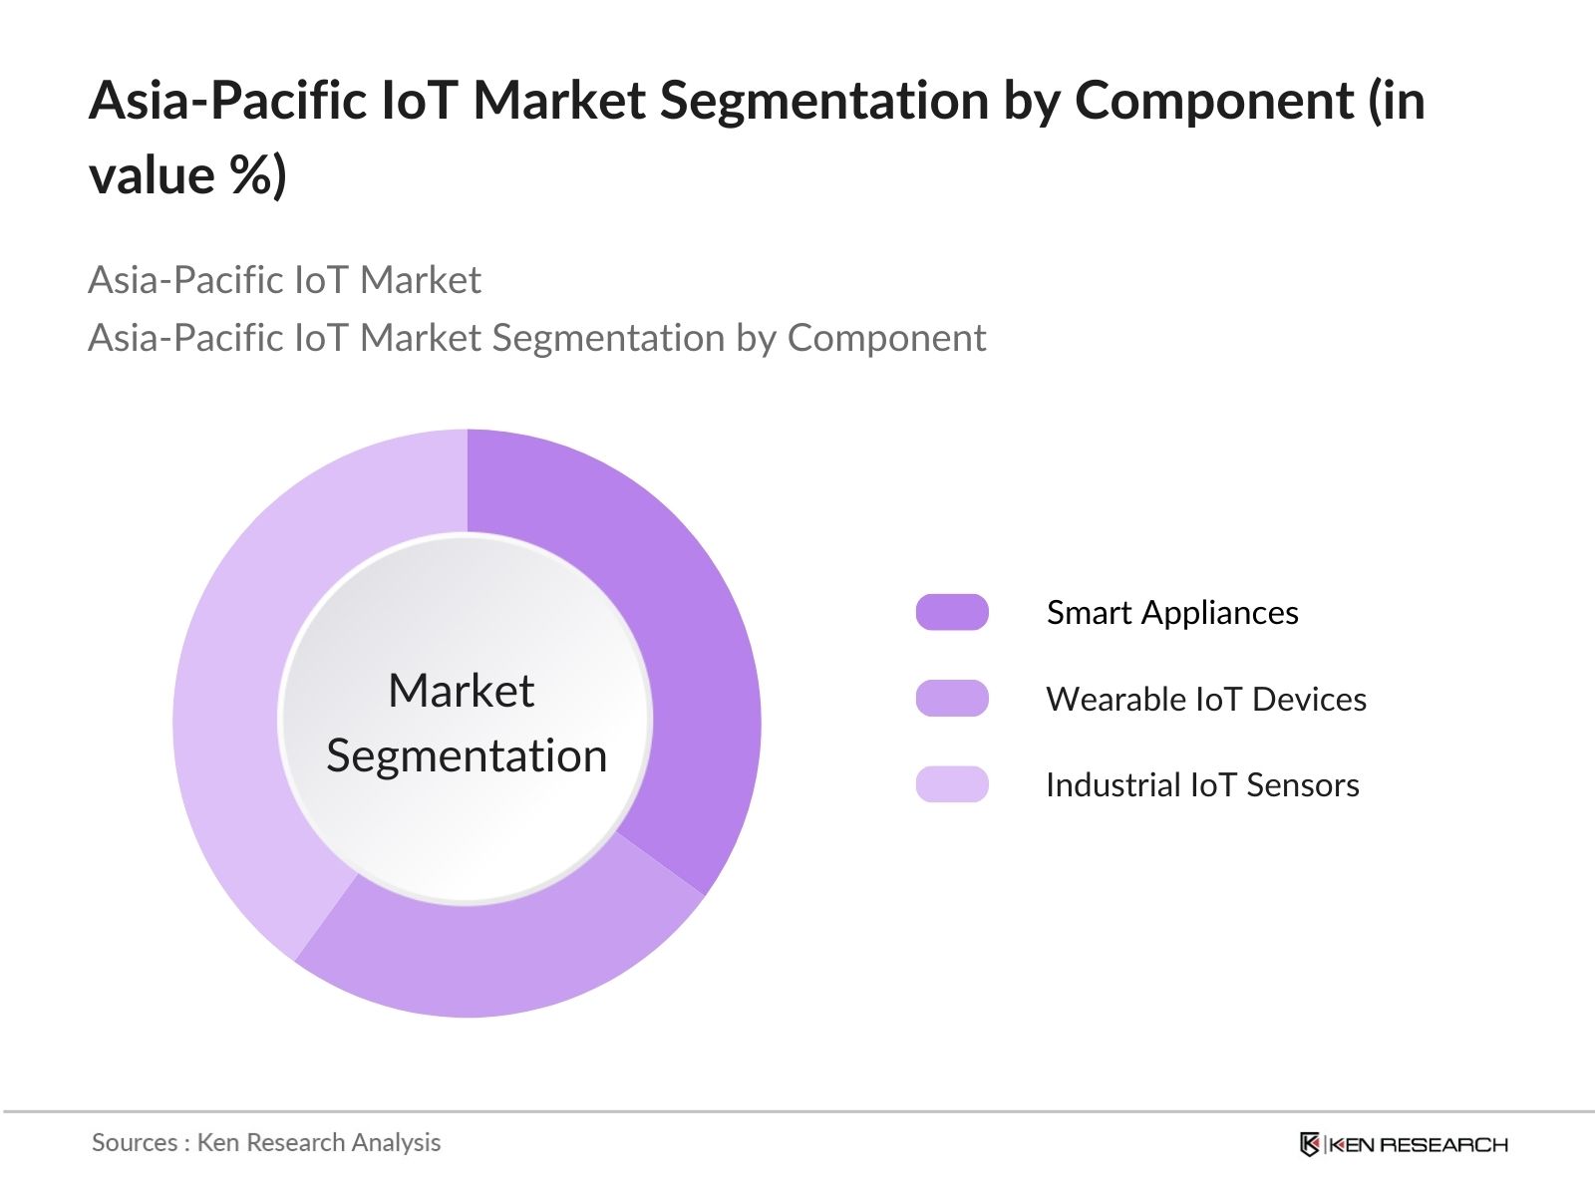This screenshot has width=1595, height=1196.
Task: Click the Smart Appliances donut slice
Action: [688, 638]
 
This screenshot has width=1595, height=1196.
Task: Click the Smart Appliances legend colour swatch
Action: [952, 612]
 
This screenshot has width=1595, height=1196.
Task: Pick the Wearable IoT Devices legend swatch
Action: [952, 699]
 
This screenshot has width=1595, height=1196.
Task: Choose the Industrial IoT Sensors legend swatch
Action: [952, 784]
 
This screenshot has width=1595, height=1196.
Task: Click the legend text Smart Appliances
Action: [1172, 612]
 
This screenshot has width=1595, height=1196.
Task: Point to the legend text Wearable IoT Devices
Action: [1206, 699]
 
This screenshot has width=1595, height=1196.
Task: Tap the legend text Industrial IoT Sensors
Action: [1202, 784]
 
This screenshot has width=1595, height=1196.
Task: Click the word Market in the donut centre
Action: [462, 691]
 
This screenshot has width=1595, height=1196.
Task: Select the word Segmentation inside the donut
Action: [467, 755]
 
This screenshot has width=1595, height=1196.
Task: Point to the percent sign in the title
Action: [246, 175]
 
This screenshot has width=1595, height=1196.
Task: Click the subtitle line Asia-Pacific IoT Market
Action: [284, 280]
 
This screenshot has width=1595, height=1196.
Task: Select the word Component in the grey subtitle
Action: [886, 338]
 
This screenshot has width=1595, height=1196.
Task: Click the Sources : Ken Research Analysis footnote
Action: [266, 1142]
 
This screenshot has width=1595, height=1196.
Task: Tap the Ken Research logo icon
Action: [1310, 1144]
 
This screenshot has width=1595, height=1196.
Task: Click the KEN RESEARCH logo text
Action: [1419, 1144]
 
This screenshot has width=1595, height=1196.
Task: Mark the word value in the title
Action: [152, 175]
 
